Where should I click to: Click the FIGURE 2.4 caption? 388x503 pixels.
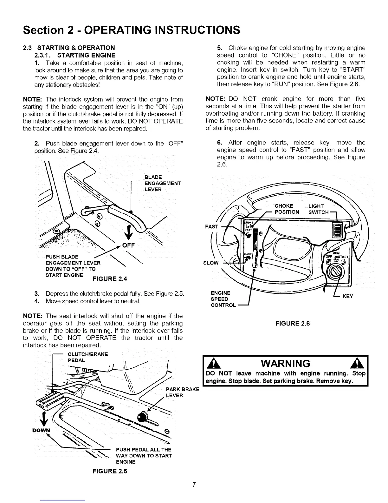click(x=109, y=279)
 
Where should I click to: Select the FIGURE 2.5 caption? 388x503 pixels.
click(x=110, y=471)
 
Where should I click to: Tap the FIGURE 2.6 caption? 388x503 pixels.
click(x=292, y=324)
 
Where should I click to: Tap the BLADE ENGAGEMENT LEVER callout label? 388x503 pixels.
click(x=162, y=183)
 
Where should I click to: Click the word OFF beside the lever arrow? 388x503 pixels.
click(x=129, y=245)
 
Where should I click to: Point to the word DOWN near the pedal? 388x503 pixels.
click(x=42, y=430)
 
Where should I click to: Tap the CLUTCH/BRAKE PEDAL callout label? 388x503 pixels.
click(x=88, y=357)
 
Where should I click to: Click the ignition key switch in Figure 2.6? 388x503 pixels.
click(x=334, y=272)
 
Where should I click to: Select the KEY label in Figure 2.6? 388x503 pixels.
click(x=348, y=296)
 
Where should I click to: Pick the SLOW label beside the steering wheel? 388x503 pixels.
click(x=211, y=263)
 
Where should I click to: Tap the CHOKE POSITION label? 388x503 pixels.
click(x=287, y=209)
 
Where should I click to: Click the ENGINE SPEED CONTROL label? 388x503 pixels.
click(x=223, y=299)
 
